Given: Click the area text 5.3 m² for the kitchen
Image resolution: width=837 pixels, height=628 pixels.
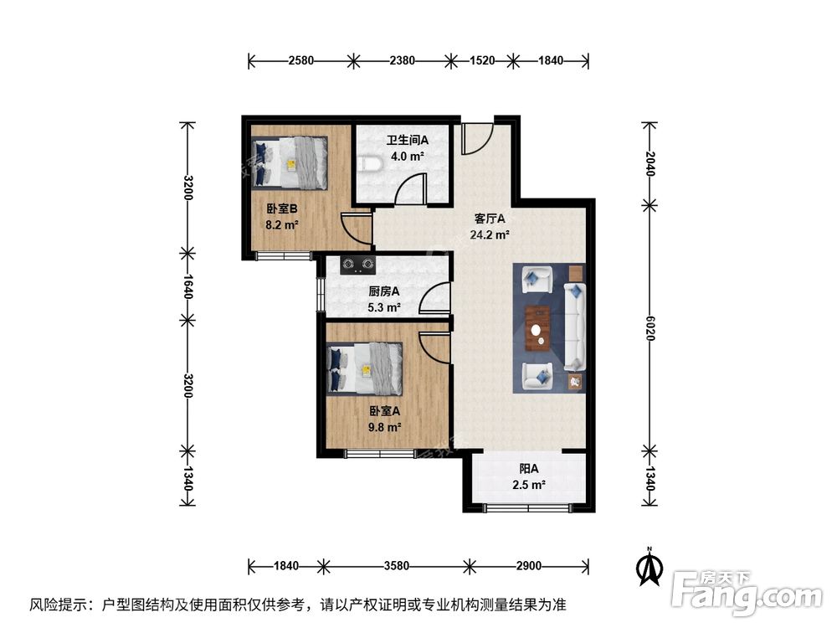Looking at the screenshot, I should point(384,306).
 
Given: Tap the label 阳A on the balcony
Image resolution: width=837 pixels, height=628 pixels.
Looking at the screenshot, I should point(528,469).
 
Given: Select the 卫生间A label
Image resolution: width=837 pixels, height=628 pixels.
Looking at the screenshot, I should point(407,141).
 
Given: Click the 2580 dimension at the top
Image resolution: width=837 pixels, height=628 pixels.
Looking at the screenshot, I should point(300,60).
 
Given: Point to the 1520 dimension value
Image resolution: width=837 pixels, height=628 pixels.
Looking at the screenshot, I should point(482,60).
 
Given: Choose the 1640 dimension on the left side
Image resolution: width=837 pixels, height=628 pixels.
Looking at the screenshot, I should point(188,286).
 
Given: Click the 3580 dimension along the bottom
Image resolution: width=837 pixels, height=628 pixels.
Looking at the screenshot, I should point(397,566).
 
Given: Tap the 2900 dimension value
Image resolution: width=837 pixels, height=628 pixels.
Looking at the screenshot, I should point(528,566).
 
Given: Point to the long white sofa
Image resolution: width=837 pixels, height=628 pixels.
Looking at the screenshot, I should point(574,327).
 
